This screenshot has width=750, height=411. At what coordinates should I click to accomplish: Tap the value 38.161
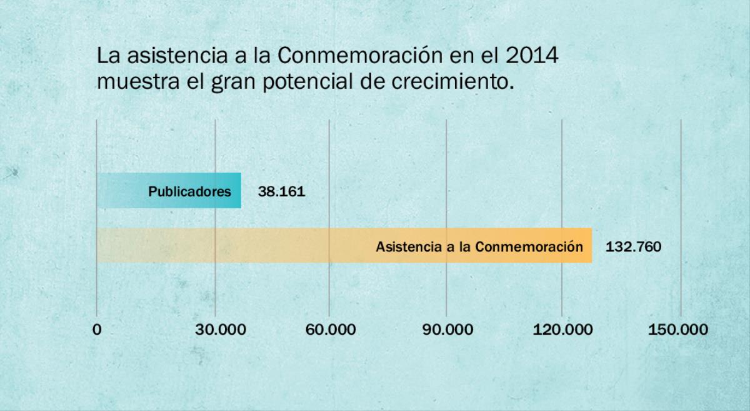click(x=281, y=191)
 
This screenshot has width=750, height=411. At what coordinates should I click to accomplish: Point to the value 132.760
click(x=633, y=246)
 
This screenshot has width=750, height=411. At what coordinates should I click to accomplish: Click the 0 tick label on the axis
click(x=96, y=330)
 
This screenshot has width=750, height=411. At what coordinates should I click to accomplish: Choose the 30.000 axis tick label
click(x=215, y=330)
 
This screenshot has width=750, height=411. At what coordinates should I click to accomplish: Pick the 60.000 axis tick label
click(x=331, y=330)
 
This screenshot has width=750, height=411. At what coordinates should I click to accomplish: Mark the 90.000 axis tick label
click(x=447, y=330)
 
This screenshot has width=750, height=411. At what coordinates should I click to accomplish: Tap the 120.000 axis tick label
click(x=562, y=330)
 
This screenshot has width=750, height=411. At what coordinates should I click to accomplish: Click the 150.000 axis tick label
click(x=678, y=330)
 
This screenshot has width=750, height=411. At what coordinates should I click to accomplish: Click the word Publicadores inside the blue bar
click(x=189, y=191)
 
